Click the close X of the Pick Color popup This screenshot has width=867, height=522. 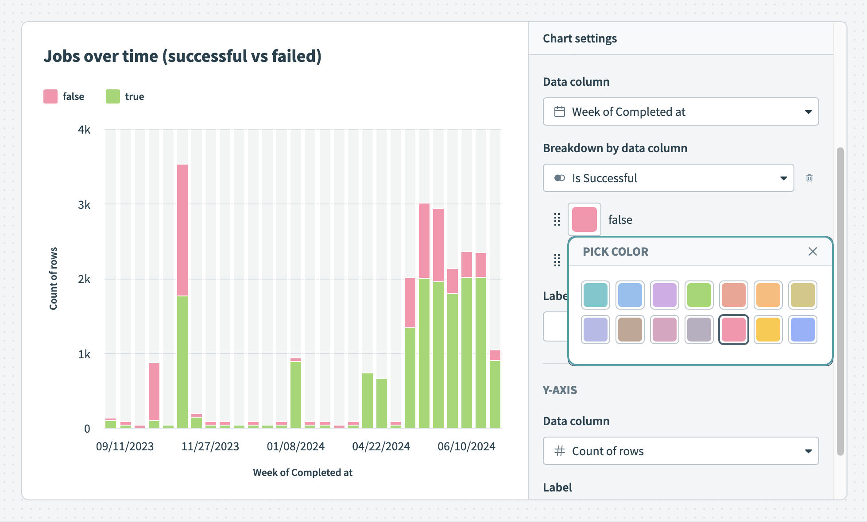tap(813, 252)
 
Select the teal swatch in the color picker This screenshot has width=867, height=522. tap(596, 295)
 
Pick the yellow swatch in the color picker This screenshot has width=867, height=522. tap(768, 330)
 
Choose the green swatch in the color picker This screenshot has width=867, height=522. tap(699, 295)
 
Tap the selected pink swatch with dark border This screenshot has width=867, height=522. tap(734, 330)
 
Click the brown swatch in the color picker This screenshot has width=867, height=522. tap(630, 330)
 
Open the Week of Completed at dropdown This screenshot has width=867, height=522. tap(681, 111)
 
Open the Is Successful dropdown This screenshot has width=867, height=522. tap(668, 178)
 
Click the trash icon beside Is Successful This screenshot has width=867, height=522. tap(809, 178)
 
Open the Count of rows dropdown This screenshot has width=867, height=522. tap(681, 451)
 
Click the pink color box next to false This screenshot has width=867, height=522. tap(584, 219)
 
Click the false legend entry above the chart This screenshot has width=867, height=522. tap(64, 96)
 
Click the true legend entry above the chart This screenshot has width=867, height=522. tap(125, 96)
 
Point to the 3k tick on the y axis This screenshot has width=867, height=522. tap(84, 205)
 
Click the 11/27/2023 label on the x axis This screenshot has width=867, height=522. tap(210, 446)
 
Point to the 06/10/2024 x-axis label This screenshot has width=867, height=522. tap(466, 446)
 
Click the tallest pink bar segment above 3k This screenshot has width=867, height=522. tap(182, 230)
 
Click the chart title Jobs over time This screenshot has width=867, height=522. tap(182, 56)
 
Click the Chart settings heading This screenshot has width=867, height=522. tap(580, 38)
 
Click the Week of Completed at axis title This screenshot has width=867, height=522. tap(302, 472)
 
